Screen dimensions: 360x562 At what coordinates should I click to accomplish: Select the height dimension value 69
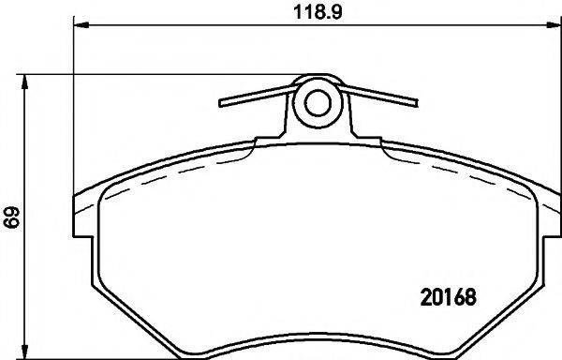[11, 218]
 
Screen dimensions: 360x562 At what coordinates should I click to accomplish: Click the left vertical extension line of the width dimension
[73, 112]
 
